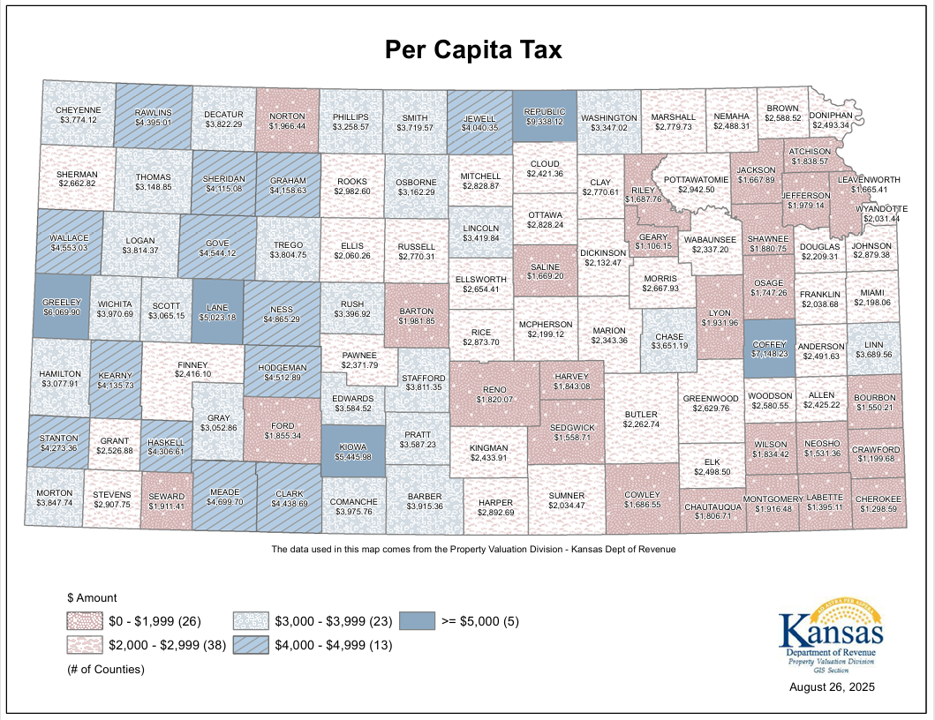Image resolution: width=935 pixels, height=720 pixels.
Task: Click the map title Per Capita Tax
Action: (x=473, y=50)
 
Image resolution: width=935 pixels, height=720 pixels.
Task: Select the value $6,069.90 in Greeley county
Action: (x=62, y=312)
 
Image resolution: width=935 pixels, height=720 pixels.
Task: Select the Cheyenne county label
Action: (x=78, y=109)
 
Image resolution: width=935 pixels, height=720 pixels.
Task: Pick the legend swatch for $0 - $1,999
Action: (x=84, y=621)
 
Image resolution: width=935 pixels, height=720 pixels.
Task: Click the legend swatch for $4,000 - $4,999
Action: (x=251, y=645)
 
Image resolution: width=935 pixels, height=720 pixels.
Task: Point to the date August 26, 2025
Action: (x=833, y=686)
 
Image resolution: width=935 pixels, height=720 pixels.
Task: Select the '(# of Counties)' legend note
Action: (x=106, y=669)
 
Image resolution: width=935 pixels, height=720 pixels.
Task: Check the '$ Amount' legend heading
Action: (x=92, y=597)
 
